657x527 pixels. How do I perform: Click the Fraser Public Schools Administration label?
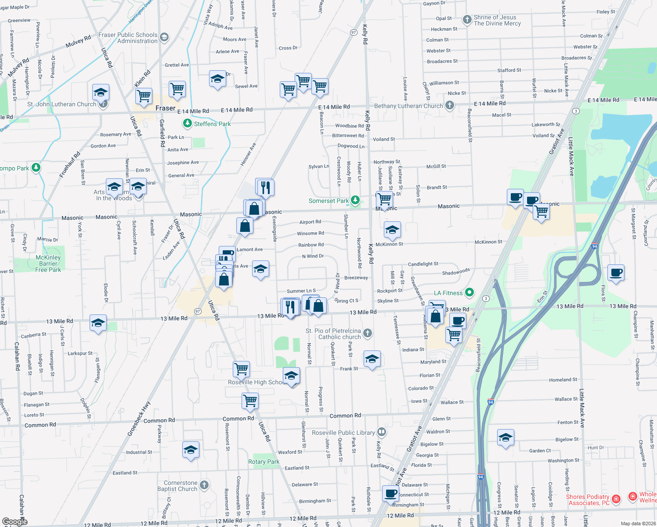128,38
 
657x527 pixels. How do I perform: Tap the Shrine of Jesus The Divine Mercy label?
497,20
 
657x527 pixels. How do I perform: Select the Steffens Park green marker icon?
188,123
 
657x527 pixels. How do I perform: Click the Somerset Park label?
328,201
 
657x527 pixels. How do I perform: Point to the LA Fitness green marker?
469,292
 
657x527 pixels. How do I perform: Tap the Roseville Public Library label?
343,433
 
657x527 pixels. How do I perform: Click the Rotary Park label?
264,462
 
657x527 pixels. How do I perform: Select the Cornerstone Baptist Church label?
180,486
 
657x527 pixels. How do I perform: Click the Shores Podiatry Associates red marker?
616,498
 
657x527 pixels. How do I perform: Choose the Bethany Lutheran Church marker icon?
449,105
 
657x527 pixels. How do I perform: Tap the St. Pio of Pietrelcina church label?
333,334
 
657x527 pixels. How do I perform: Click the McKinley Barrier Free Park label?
48,263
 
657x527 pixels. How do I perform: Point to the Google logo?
14,522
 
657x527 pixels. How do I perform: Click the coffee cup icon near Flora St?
616,272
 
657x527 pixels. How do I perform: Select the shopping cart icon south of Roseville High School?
250,400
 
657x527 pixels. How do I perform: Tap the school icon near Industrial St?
191,450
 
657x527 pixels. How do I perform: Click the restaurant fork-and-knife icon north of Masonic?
265,187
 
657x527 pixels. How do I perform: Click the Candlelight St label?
423,264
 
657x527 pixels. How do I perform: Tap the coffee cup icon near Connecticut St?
390,493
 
